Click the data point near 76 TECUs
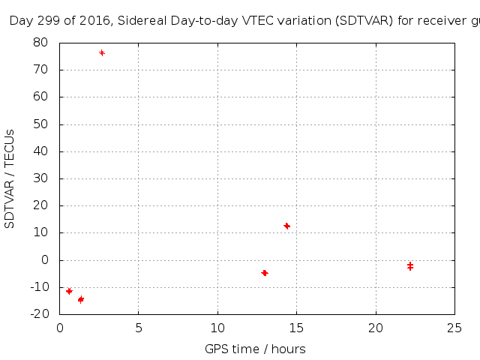click(102, 52)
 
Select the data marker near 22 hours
click(410, 266)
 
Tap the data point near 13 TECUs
click(286, 226)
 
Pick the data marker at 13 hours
click(265, 273)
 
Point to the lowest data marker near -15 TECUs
click(80, 299)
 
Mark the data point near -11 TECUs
click(69, 291)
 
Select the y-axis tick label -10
click(39, 287)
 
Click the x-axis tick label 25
click(454, 328)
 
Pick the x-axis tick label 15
click(297, 328)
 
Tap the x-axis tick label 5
click(139, 328)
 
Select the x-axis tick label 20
click(376, 328)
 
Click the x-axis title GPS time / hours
click(255, 349)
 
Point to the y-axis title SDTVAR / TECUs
click(10, 178)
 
